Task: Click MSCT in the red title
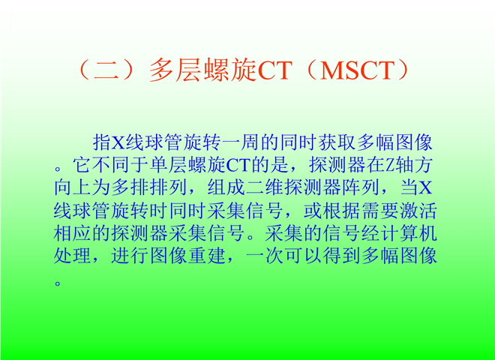pos(357,70)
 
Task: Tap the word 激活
pos(418,211)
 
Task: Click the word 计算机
pos(409,233)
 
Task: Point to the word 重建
pos(207,256)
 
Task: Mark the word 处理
pos(73,256)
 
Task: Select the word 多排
pos(130,187)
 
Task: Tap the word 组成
pos(226,187)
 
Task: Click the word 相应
pos(73,233)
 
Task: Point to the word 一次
pos(265,256)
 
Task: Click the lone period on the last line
pos(58,283)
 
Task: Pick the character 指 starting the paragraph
pos(101,142)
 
